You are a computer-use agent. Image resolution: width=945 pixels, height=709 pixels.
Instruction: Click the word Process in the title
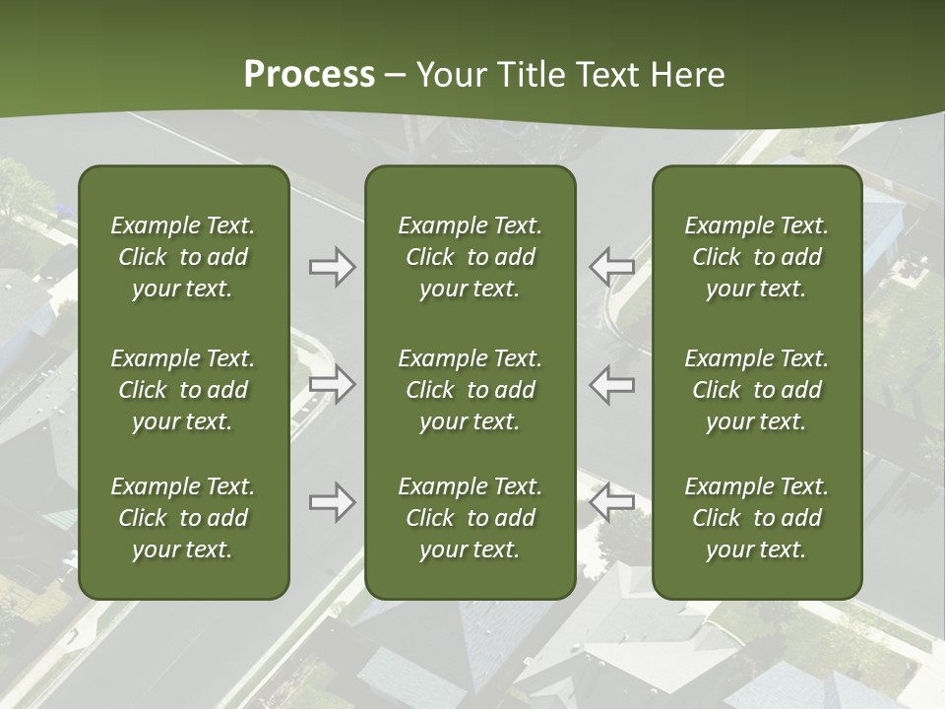[x=309, y=75]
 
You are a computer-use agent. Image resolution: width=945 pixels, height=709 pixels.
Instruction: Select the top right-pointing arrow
[x=332, y=267]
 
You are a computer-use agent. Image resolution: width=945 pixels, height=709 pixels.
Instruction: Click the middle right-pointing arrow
[x=332, y=384]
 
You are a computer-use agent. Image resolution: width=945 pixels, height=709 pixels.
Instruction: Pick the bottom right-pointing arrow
[x=332, y=502]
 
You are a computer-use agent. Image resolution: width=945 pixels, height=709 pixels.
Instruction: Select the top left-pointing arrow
[x=612, y=267]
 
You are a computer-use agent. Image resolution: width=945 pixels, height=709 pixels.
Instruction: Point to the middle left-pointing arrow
[x=612, y=384]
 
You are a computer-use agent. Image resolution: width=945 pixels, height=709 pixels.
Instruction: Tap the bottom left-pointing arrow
[x=612, y=502]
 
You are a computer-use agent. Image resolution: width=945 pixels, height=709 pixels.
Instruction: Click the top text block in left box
[x=183, y=257]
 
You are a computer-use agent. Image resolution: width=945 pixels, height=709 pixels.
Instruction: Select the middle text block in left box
[x=183, y=390]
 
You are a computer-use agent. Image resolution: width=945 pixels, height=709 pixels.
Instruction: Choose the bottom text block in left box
[x=183, y=518]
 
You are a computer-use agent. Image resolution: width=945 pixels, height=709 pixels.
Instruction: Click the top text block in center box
[x=470, y=257]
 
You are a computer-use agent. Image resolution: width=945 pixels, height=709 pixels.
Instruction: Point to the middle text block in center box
[x=470, y=390]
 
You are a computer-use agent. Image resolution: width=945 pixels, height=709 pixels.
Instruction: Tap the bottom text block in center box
[x=470, y=518]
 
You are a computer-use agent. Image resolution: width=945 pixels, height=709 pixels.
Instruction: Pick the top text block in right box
[x=756, y=257]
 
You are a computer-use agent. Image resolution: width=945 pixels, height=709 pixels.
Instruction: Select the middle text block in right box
[x=756, y=390]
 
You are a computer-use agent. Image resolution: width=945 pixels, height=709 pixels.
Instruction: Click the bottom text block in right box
[x=756, y=518]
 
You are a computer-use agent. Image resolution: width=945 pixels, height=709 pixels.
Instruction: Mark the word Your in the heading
[x=448, y=75]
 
